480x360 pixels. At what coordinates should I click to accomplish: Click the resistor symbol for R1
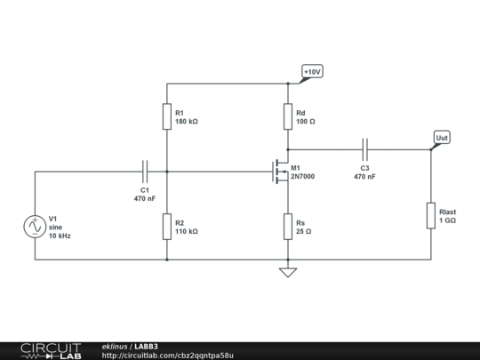coord(166,116)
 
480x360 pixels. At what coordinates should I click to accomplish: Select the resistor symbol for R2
coord(166,227)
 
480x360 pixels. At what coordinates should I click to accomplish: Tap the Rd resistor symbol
coord(287,116)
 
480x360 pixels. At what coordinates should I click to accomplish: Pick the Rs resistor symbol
coord(287,227)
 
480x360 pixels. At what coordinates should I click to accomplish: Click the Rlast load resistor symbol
coord(431,215)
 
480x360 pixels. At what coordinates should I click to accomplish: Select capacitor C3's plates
coord(364,148)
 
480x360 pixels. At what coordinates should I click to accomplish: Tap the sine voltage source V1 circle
coord(35,227)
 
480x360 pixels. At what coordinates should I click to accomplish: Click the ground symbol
coord(287,272)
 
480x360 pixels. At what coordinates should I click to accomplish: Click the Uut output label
coord(442,138)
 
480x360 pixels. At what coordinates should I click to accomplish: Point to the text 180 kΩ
coord(187,121)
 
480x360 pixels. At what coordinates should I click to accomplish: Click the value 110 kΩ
coord(187,231)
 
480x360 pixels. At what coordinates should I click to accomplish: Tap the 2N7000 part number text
coord(302,177)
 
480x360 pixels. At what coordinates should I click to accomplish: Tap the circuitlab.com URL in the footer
coord(168,355)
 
